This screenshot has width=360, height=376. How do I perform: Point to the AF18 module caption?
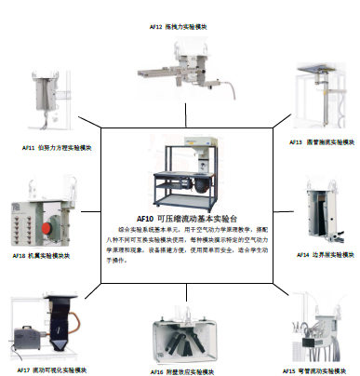coord(39,254)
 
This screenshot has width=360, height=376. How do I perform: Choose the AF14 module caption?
coord(326,253)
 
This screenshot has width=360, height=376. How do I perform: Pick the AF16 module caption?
coord(185,369)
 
